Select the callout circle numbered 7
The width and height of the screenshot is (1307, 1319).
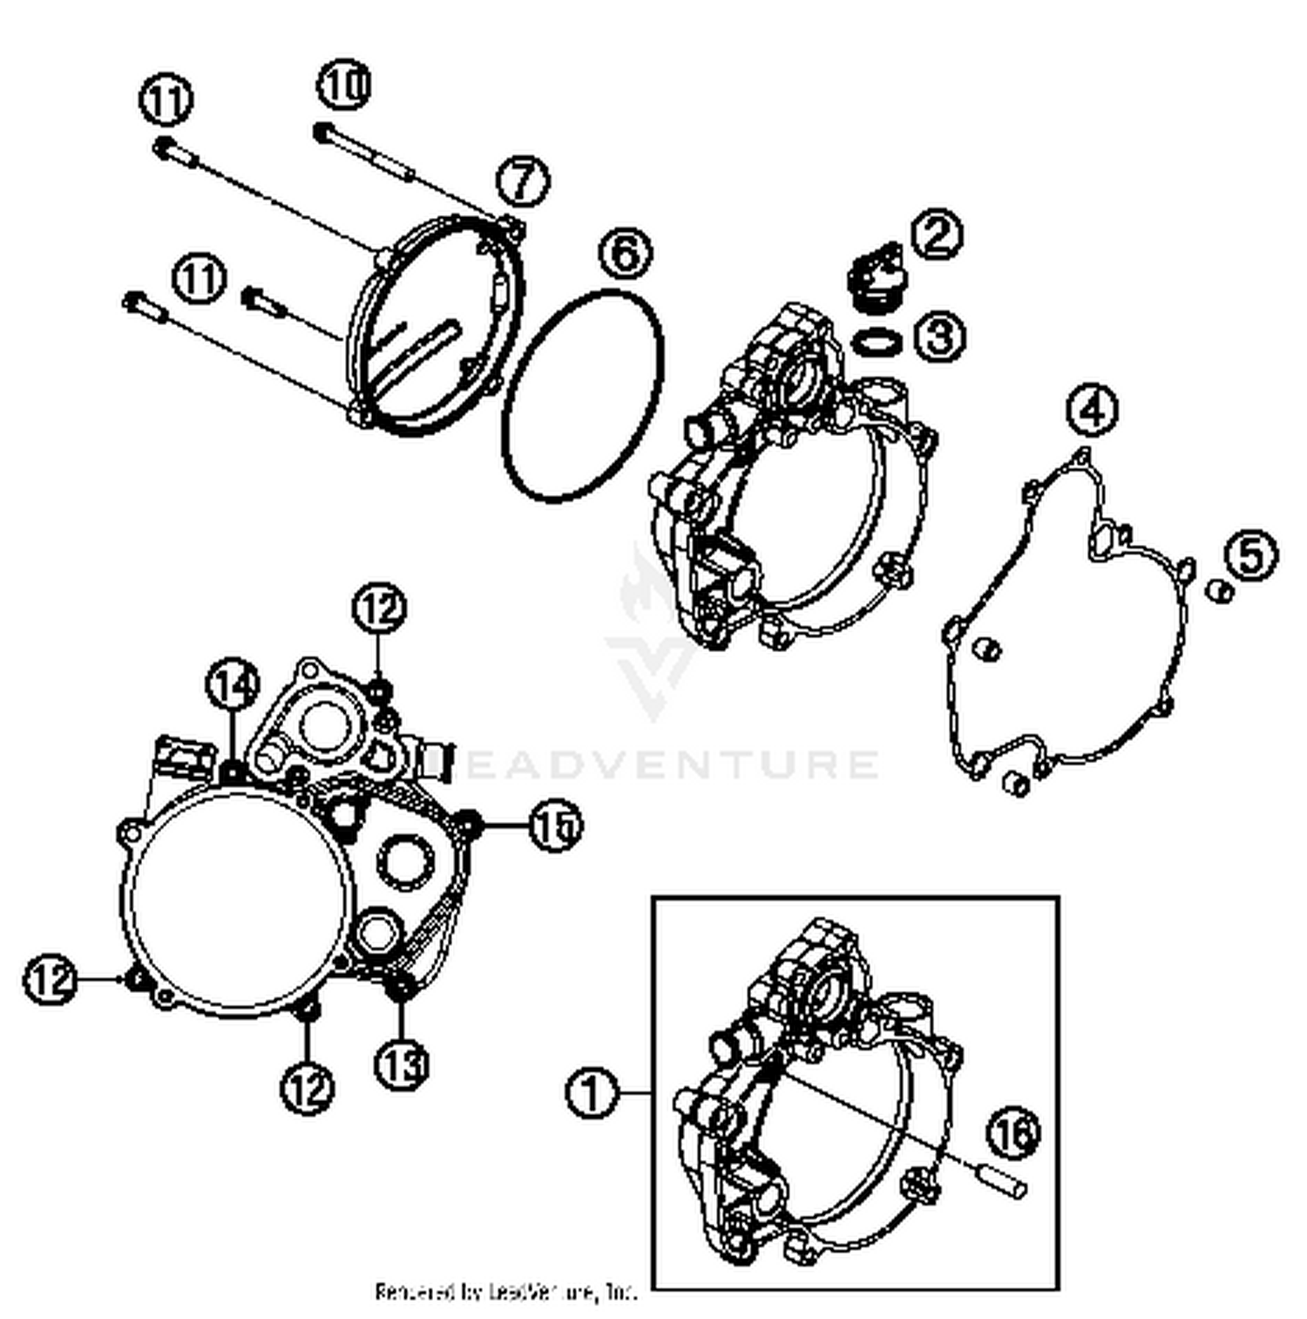(x=523, y=181)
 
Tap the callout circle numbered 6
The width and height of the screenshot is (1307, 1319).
(x=626, y=255)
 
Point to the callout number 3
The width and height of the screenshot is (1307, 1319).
(x=939, y=336)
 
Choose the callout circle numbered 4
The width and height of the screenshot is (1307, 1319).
(x=1093, y=410)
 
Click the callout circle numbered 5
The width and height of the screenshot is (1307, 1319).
(x=1250, y=554)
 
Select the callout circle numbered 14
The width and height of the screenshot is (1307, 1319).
(x=234, y=684)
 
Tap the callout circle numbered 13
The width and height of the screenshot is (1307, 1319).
(x=401, y=1064)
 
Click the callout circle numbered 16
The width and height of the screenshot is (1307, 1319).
(x=1013, y=1132)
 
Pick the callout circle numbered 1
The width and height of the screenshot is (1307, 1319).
(x=593, y=1091)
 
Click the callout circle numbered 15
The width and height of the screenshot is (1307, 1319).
(x=555, y=825)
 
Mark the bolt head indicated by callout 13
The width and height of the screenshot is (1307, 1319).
(x=400, y=988)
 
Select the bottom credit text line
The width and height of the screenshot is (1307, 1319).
(x=505, y=1291)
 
